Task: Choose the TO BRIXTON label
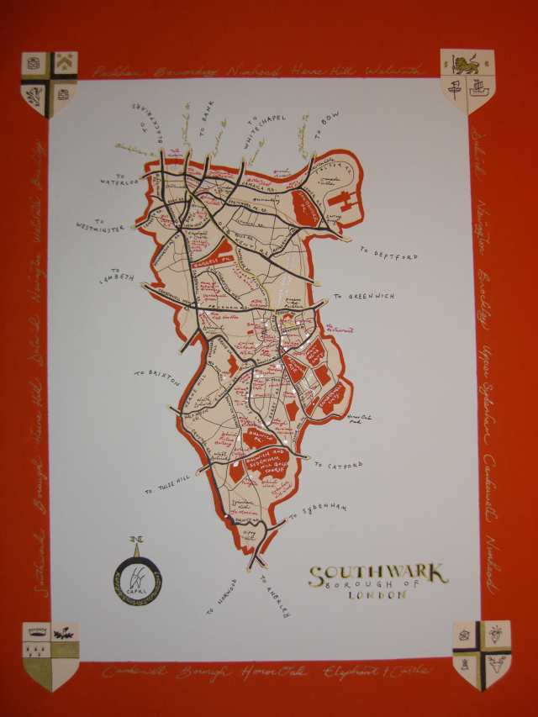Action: click(x=156, y=376)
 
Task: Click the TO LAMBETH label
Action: click(x=118, y=277)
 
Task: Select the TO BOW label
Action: click(x=323, y=134)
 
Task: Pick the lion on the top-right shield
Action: click(x=467, y=62)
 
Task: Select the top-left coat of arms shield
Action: click(x=50, y=83)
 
